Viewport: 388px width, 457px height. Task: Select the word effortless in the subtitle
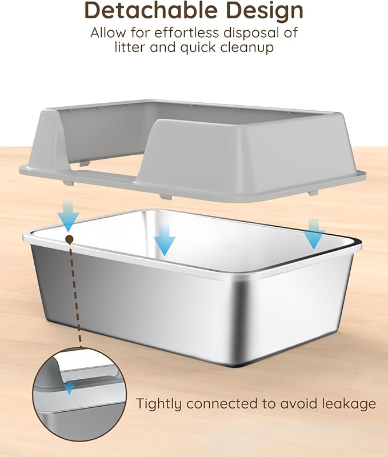pyautogui.click(x=186, y=33)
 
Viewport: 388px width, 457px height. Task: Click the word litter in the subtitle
pyautogui.click(x=130, y=47)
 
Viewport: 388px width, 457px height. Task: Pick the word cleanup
pyautogui.click(x=247, y=48)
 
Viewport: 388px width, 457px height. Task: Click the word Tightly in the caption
pyautogui.click(x=160, y=404)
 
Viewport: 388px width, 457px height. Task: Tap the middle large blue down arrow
pyautogui.click(x=165, y=240)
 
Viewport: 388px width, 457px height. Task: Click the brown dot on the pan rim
pyautogui.click(x=69, y=239)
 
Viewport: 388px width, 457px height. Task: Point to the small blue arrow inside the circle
pyautogui.click(x=69, y=388)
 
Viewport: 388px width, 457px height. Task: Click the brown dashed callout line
pyautogui.click(x=75, y=295)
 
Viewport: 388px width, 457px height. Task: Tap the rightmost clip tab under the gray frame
pyautogui.click(x=313, y=193)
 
